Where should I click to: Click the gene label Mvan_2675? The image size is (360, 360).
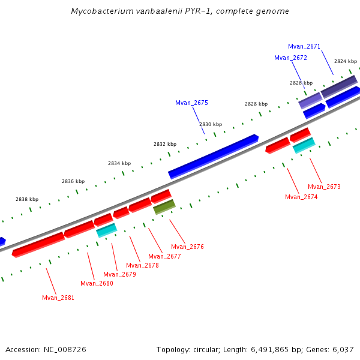[191, 103]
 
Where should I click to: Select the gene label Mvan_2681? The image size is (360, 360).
[58, 298]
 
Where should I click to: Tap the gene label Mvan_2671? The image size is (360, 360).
[304, 46]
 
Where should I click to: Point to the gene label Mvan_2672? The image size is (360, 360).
[290, 58]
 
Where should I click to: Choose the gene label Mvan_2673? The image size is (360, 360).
[324, 187]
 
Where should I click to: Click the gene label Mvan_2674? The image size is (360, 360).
[301, 197]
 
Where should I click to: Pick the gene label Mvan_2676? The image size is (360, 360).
[187, 247]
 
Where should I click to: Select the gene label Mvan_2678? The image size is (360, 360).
[142, 265]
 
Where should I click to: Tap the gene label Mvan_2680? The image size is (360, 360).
[97, 283]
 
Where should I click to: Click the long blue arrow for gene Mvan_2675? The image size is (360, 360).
[214, 156]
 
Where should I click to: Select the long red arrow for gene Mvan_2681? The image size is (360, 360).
[38, 244]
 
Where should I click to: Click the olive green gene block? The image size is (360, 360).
[164, 207]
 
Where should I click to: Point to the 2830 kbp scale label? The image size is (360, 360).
[211, 124]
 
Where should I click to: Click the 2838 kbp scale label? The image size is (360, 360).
[27, 199]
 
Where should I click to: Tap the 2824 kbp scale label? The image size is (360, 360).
[346, 61]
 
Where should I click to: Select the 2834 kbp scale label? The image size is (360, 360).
[119, 163]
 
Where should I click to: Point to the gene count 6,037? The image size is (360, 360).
[343, 349]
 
